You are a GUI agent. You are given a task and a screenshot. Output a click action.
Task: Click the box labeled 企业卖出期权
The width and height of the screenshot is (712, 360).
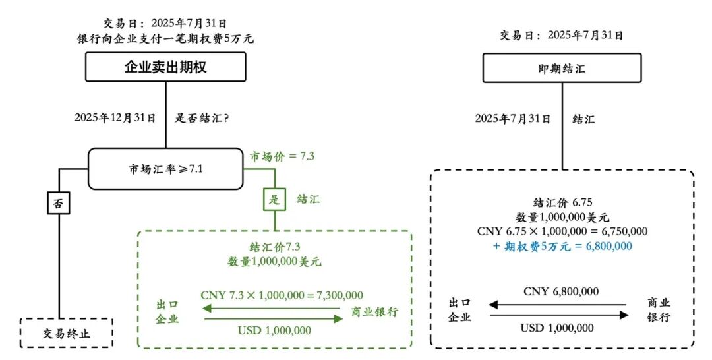click(x=165, y=67)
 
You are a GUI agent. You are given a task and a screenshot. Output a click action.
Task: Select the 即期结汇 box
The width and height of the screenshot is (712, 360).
click(x=562, y=68)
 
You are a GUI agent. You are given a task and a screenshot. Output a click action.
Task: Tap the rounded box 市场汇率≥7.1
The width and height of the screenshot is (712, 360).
click(x=165, y=169)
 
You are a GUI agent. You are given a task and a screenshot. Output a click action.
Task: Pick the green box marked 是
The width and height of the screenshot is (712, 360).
click(x=275, y=200)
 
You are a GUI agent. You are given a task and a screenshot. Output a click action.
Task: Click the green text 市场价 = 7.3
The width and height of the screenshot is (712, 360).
click(x=282, y=157)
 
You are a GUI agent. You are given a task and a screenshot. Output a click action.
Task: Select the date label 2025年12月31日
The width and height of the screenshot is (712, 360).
click(x=115, y=119)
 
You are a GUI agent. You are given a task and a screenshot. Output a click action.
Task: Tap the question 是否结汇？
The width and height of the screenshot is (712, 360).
click(x=202, y=119)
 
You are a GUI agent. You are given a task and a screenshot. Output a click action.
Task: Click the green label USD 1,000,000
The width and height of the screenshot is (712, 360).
click(x=274, y=331)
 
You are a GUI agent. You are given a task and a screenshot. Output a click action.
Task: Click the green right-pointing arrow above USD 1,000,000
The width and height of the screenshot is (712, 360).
click(x=274, y=319)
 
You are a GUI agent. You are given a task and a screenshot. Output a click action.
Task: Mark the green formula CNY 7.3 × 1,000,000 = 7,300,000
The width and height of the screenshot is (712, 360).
click(x=282, y=295)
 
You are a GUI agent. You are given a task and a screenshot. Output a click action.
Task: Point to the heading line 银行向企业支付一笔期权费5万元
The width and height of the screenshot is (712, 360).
click(x=165, y=39)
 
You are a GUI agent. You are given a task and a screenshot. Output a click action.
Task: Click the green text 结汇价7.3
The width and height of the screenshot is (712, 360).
click(x=274, y=246)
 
